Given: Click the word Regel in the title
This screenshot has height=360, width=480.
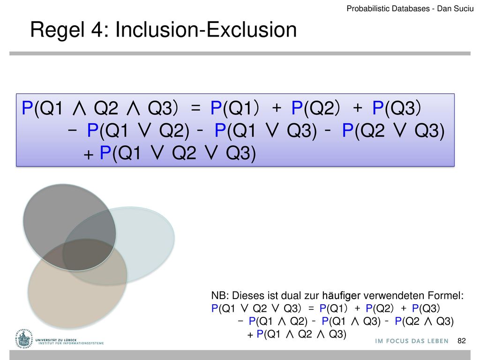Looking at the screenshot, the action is tap(57, 30).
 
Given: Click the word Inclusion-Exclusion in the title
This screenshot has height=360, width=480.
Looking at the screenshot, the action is tap(206, 30).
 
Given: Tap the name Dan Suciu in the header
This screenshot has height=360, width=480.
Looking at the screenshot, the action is tap(455, 8).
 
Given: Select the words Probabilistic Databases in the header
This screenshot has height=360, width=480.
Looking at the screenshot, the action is tap(388, 8).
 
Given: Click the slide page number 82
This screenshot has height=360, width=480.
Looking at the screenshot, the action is tap(461, 341).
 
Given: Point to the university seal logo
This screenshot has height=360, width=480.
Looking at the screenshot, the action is tap(23, 339).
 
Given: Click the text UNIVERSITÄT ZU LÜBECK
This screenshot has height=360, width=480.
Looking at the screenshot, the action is tap(56, 340).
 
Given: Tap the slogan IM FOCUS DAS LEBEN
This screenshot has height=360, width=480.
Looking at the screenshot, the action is tap(412, 341).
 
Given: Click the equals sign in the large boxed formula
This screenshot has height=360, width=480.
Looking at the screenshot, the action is tap(195, 108).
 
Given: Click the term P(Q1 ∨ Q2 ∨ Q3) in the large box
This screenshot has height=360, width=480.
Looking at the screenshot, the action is tap(178, 153).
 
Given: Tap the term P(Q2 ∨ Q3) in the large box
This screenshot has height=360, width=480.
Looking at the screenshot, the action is tap(393, 130).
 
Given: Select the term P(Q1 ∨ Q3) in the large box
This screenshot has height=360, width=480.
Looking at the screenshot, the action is tap(266, 130).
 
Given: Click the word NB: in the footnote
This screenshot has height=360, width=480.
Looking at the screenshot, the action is tap(220, 296).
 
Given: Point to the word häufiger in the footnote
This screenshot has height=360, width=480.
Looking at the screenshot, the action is tap(341, 296).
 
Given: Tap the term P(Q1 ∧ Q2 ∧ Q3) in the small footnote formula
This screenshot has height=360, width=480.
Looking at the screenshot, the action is tap(301, 334).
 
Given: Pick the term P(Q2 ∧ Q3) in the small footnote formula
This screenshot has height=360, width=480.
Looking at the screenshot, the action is tap(424, 321).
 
